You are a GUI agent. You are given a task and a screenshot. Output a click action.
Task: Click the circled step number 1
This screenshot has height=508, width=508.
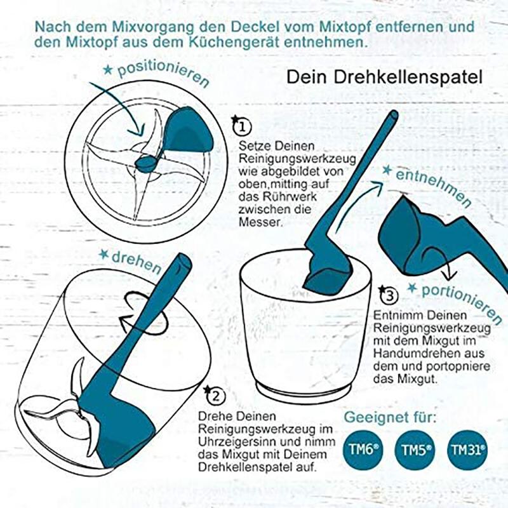click(241, 126)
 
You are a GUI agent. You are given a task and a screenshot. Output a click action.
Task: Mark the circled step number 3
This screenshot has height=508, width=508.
click(389, 295)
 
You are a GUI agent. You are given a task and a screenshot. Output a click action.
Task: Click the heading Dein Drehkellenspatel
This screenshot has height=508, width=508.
click(384, 77)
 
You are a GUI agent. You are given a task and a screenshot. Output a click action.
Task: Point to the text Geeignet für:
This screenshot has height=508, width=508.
click(390, 418)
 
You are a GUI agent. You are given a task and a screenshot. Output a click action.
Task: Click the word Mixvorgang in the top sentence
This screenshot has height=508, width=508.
click(139, 28)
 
